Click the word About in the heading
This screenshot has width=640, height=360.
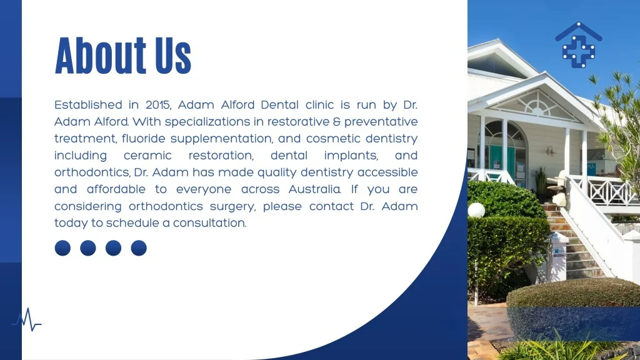pos(101,56)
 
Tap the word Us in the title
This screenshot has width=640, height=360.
pos(173,56)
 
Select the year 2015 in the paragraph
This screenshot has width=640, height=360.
pos(158,105)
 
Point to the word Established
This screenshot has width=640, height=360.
pos(88,105)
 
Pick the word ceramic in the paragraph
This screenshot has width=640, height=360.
pos(147,156)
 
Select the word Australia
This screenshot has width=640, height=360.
pos(314,189)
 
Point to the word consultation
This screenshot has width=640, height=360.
pos(210,223)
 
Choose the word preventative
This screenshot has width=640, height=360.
pos(381,122)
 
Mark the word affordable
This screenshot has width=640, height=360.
pos(116,189)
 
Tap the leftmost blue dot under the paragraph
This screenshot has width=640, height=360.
pos(62,247)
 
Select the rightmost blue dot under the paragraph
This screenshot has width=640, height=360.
pos(139,247)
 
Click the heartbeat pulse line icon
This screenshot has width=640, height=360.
pos(26,319)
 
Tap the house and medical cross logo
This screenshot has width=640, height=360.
pos(578,45)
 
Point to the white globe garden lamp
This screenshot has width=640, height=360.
pos(476,210)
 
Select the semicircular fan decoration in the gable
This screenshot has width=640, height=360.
pos(537,105)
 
